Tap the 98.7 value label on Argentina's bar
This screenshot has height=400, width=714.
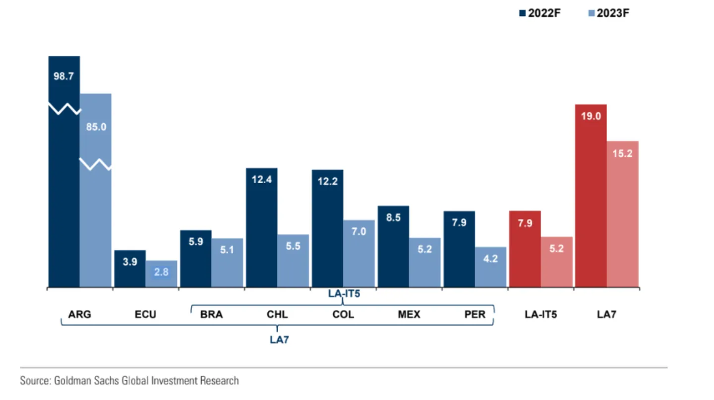coord(63,77)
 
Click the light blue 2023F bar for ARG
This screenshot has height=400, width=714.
coord(96,208)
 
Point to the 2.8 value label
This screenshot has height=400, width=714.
coord(161,272)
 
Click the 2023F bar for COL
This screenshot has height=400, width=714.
coord(359,253)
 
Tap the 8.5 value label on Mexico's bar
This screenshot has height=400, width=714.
coord(393,217)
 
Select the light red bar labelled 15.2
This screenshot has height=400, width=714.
coord(623,214)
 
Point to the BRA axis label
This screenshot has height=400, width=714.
coord(211,314)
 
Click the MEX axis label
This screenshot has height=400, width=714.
coord(409,314)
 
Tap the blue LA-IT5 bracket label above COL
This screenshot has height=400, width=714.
coord(344,293)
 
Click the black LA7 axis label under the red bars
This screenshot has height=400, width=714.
coord(606,314)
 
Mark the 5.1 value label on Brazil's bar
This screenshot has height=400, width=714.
coord(227,250)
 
